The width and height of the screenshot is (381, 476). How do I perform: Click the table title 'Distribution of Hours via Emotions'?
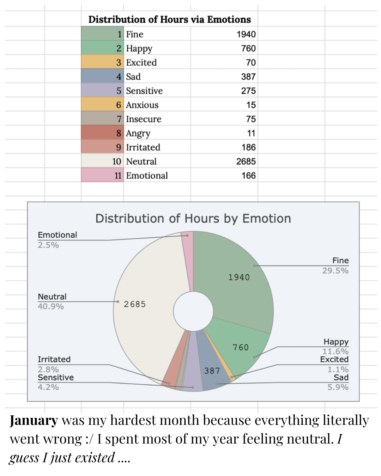[169, 19]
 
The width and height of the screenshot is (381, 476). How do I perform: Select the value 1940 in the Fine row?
[246, 34]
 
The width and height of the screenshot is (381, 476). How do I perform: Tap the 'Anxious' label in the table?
[142, 105]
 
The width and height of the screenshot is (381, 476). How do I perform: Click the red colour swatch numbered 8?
[102, 133]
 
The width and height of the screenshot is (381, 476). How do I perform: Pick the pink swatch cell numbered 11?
[102, 175]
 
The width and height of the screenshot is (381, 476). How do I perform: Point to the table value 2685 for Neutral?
[246, 161]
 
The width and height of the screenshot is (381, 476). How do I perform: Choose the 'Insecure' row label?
[144, 119]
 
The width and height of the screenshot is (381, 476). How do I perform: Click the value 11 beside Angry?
[251, 133]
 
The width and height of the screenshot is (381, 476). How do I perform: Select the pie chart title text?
[193, 219]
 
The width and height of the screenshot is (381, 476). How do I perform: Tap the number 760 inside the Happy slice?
[241, 348]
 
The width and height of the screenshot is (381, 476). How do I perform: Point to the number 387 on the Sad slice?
[212, 371]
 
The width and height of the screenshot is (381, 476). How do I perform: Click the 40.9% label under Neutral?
[51, 306]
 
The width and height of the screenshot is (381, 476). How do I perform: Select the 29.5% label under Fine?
[335, 271]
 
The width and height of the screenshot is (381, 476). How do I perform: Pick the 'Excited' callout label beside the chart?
[334, 359]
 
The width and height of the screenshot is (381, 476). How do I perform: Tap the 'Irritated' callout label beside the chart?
[54, 359]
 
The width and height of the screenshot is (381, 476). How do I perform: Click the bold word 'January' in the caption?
[34, 421]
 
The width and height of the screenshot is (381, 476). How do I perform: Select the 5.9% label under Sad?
[338, 387]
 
